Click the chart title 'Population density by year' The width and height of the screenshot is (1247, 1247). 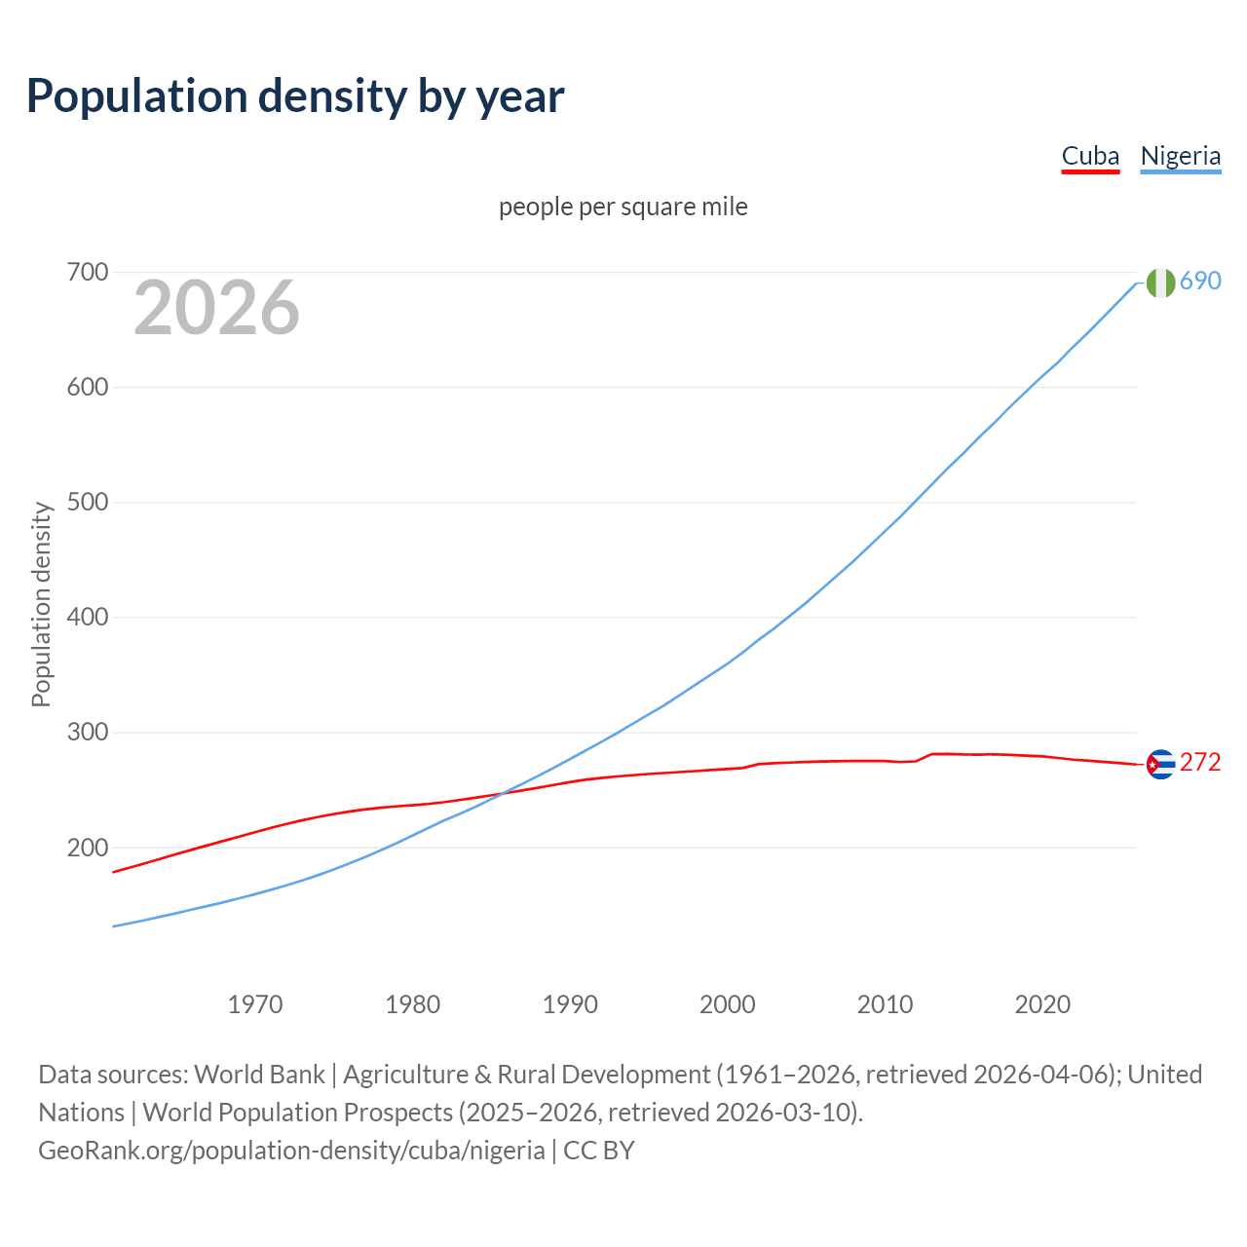click(x=295, y=96)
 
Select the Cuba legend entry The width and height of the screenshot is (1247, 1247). click(x=1090, y=156)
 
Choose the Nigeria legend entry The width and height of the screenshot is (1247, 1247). click(x=1180, y=156)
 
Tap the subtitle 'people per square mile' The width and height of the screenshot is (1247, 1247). click(x=623, y=207)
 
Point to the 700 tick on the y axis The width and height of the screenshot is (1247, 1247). click(x=87, y=272)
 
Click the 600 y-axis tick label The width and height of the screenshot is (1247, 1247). click(x=87, y=387)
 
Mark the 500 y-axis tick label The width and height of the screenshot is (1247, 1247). click(x=87, y=502)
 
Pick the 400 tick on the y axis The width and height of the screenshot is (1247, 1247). click(x=87, y=617)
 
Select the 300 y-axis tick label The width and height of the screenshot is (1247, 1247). click(x=87, y=732)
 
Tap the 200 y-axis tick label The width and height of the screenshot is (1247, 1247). click(x=87, y=848)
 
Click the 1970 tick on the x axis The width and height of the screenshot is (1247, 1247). click(x=255, y=1003)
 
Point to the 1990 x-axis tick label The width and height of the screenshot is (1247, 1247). click(x=570, y=1003)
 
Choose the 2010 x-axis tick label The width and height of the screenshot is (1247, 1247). click(x=885, y=1003)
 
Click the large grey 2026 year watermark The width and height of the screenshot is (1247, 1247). click(x=216, y=308)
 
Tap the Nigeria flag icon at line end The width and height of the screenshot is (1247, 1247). click(x=1160, y=283)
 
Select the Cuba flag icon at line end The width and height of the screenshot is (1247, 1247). click(x=1160, y=765)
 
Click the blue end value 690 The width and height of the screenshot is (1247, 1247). click(x=1200, y=281)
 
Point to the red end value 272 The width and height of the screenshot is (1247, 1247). click(x=1200, y=762)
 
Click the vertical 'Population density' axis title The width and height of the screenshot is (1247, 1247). click(x=41, y=604)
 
